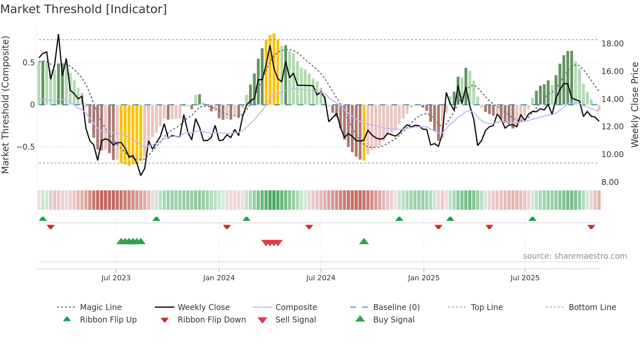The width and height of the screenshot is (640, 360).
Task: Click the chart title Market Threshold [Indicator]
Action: click(x=84, y=9)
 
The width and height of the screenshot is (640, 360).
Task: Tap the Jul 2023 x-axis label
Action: click(x=116, y=278)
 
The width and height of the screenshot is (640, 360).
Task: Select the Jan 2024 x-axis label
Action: click(x=219, y=278)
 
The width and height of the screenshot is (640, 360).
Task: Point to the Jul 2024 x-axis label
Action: click(x=321, y=278)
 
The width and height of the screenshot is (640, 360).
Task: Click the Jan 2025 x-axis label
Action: click(x=424, y=278)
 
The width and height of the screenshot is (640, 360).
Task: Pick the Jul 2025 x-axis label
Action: click(x=525, y=278)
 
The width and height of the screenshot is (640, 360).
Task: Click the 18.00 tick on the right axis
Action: click(x=613, y=44)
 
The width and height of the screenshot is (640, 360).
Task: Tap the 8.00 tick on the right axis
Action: click(x=610, y=182)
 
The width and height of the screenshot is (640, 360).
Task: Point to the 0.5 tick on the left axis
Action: click(x=29, y=63)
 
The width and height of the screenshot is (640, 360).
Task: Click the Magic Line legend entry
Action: click(x=101, y=307)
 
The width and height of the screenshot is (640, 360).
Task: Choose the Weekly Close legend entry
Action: click(x=203, y=307)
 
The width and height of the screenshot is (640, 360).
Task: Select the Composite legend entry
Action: click(x=296, y=307)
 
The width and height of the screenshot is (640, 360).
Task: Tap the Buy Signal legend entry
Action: click(x=394, y=320)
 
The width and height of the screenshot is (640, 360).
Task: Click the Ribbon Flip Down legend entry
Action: click(x=212, y=320)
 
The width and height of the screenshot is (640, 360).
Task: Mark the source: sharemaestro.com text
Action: click(x=575, y=256)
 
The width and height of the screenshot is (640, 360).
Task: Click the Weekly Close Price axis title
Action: click(x=634, y=105)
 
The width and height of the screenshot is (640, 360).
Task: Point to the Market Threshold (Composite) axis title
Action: click(x=5, y=105)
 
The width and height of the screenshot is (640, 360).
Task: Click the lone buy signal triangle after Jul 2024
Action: click(x=364, y=241)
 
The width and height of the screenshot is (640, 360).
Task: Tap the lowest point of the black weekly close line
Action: click(x=141, y=175)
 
